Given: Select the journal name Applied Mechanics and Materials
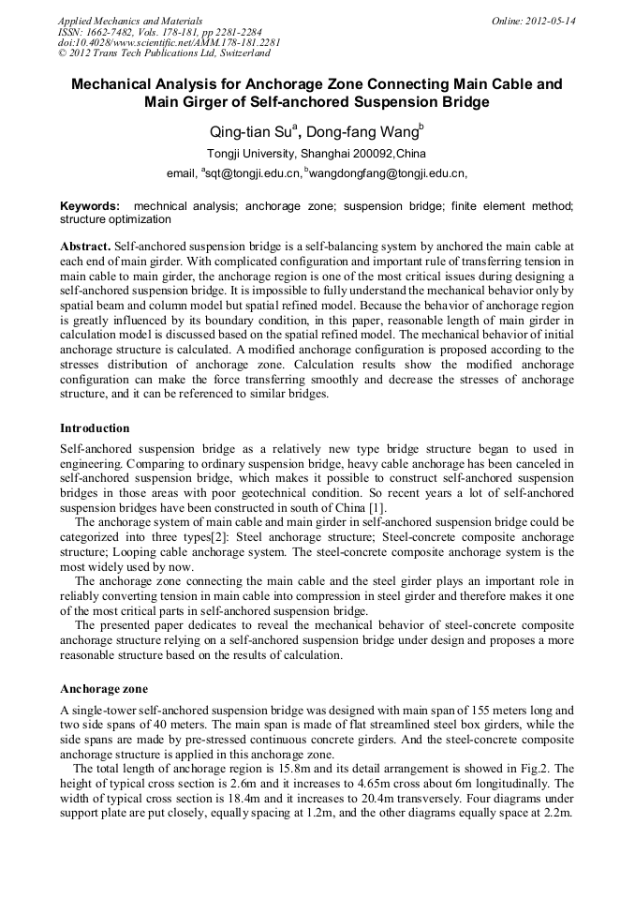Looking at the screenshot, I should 130,20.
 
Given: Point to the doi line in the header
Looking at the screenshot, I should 169,42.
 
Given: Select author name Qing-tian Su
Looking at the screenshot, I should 252,132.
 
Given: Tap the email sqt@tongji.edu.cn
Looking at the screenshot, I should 253,173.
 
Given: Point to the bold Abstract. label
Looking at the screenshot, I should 84,245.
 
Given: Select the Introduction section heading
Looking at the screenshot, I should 95,428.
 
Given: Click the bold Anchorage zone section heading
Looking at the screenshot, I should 103,689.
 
